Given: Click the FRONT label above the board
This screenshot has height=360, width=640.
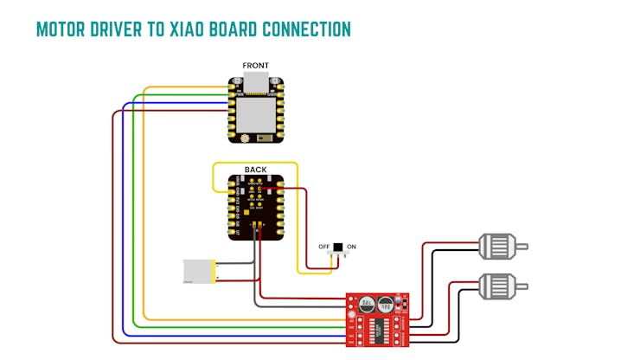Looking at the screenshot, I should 256,66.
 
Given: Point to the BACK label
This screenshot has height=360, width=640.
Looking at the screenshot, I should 256,170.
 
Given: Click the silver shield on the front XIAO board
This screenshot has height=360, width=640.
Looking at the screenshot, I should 257,112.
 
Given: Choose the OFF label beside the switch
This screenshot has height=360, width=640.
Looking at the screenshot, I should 324,247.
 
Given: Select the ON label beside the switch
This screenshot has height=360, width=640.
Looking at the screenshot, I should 352,247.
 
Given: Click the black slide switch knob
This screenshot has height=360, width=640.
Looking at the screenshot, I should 337,247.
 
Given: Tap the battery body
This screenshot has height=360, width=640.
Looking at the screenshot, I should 199,272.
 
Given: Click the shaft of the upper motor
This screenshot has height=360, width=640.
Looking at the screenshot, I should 522,247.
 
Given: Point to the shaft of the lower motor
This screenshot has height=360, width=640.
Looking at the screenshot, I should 522,285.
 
